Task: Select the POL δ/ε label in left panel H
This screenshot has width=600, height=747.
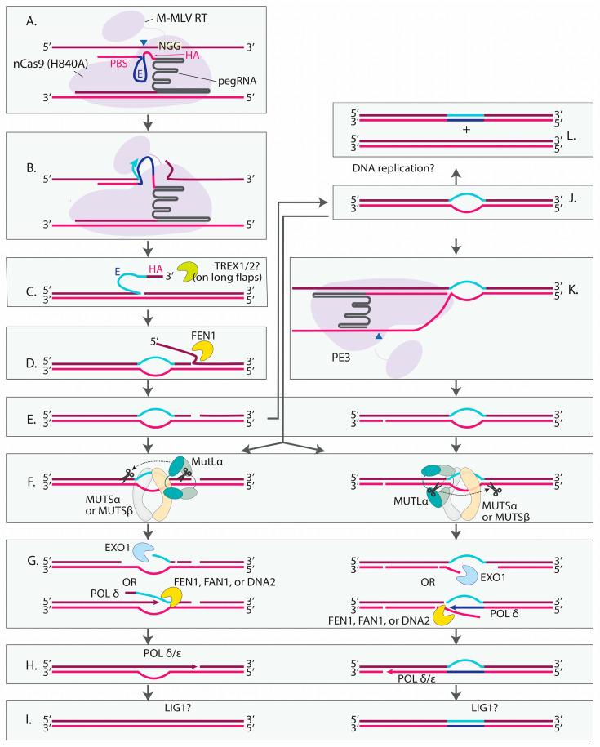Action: [168, 650]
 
